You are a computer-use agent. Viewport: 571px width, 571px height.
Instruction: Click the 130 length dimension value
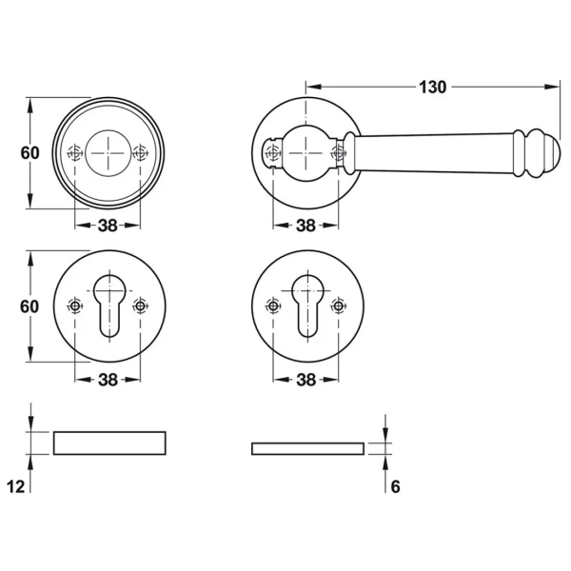click(x=432, y=88)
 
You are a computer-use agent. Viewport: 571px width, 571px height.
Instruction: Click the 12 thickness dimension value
click(x=15, y=486)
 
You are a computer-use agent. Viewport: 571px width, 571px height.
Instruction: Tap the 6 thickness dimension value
click(x=395, y=487)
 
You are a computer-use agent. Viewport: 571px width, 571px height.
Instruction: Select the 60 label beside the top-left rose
click(x=30, y=153)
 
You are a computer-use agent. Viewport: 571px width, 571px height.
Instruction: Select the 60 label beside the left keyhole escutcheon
click(x=30, y=306)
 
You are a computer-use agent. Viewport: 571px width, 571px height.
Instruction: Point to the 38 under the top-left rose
click(x=108, y=226)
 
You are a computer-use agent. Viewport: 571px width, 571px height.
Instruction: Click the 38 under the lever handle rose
click(x=305, y=226)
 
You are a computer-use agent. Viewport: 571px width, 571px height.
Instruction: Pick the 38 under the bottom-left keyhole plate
click(x=108, y=380)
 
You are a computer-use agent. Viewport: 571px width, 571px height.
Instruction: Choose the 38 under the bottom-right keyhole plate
click(x=305, y=380)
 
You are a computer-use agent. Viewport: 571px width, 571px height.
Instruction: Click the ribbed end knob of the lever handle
click(x=537, y=153)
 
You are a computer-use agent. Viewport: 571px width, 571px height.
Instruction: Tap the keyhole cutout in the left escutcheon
click(x=109, y=306)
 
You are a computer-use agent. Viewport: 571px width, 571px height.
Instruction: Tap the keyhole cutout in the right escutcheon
click(x=307, y=306)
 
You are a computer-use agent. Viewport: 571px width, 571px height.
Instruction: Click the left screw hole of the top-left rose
click(x=75, y=153)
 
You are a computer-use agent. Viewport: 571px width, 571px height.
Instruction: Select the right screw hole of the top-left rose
click(x=140, y=153)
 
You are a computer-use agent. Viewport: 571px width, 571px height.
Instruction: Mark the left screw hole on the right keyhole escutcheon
click(x=273, y=305)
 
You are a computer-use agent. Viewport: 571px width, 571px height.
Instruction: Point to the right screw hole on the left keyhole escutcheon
click(x=140, y=305)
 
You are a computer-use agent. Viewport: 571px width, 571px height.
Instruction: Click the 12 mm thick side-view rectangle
click(x=109, y=443)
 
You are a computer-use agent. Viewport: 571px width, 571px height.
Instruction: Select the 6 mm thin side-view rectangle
click(x=307, y=449)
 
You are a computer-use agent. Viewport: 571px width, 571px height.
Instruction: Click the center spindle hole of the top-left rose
click(x=108, y=153)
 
